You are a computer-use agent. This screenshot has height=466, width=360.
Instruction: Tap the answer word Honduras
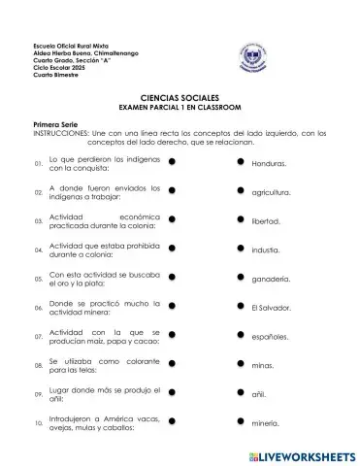point(269,164)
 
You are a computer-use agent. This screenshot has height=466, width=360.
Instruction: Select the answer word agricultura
point(271,193)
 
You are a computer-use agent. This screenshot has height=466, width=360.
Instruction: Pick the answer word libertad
point(266,222)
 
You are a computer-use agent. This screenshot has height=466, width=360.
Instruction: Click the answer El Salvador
point(271,308)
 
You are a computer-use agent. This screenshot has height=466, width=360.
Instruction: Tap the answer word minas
point(263,366)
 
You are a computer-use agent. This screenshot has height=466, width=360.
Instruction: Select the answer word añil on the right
point(259,395)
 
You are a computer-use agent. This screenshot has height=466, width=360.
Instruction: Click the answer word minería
point(265,424)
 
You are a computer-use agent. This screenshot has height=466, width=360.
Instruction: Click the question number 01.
point(38,164)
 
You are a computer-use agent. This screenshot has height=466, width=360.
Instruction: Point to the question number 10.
point(38,424)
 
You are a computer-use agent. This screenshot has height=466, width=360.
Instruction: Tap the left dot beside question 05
point(171,280)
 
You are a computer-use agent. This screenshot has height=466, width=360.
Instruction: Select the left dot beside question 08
point(171,366)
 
